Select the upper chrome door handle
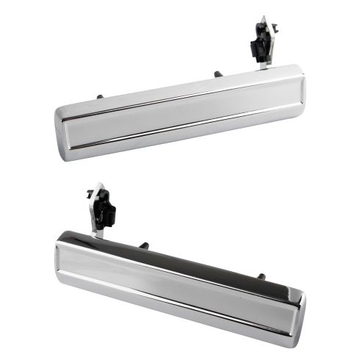pos(180,110)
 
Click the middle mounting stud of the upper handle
pos(218,73)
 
